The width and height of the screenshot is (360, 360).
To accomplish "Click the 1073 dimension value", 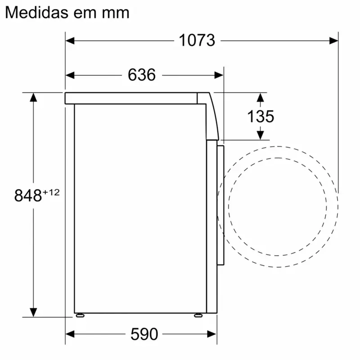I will click(x=197, y=40).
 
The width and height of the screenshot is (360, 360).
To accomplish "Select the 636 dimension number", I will click(x=142, y=75).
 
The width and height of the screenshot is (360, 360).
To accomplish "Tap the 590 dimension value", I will click(x=144, y=334).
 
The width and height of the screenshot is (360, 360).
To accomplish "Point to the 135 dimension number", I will click(x=261, y=117).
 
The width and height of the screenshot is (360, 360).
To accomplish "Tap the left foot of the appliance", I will click(x=80, y=315).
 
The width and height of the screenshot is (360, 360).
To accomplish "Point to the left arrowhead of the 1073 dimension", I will click(x=70, y=40).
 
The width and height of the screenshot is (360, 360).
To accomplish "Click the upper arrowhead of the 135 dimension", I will click(x=260, y=97).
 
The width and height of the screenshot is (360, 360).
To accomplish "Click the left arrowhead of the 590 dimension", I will click(x=70, y=334).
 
